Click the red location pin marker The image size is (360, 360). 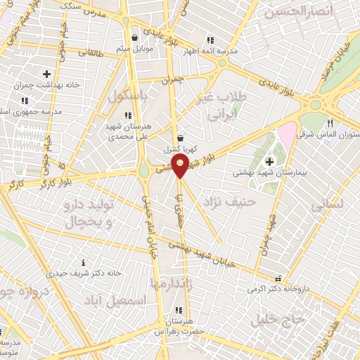pyautogui.click(x=180, y=167)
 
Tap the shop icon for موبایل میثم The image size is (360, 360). pyautogui.click(x=134, y=38)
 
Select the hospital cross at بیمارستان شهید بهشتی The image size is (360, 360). pyautogui.click(x=269, y=162)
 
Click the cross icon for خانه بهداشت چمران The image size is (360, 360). pyautogui.click(x=46, y=74)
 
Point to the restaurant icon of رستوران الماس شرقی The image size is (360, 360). pyautogui.click(x=329, y=124)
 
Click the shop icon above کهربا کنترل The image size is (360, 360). pyautogui.click(x=181, y=139)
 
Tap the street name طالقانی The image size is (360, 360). pyautogui.click(x=91, y=51)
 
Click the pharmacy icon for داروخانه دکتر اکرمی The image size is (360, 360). pyautogui.click(x=281, y=279)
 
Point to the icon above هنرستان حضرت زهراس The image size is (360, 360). pyautogui.click(x=179, y=309)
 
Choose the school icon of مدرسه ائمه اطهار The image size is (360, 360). pyautogui.click(x=209, y=40)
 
